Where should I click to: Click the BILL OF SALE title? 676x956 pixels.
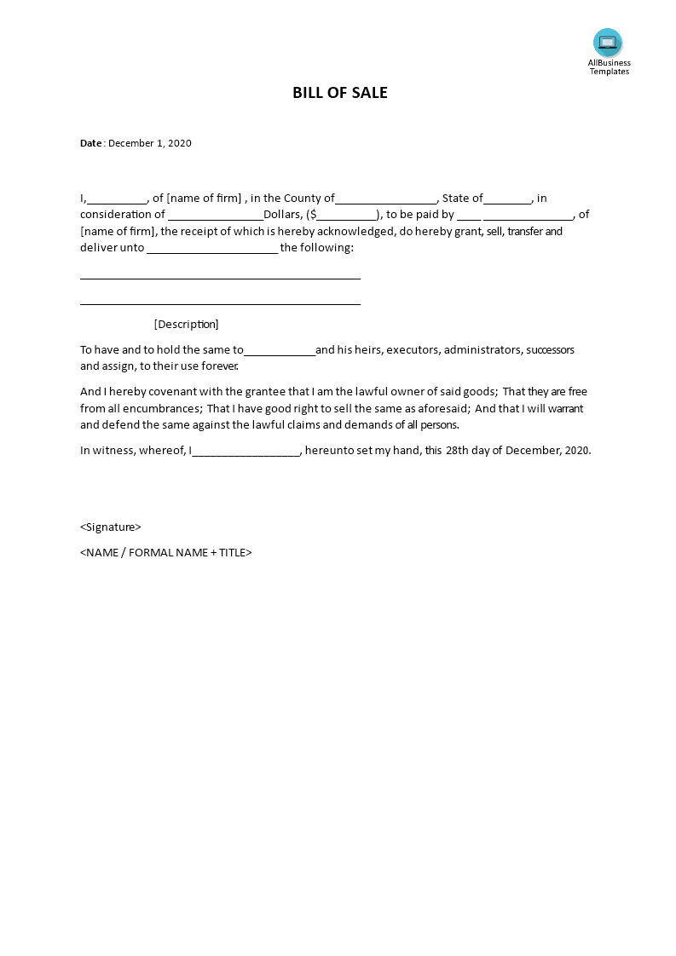pos(339,93)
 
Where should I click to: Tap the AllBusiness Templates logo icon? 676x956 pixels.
pos(608,43)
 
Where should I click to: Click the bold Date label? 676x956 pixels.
pos(90,143)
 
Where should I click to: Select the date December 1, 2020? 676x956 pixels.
pos(150,143)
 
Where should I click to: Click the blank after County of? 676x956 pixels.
pos(385,199)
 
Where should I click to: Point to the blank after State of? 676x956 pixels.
pos(507,199)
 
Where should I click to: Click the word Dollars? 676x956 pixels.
pos(283,215)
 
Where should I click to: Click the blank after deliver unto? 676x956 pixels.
pos(212,248)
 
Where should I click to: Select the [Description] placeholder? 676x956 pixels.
pos(186,324)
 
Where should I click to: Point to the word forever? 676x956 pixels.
pos(218,366)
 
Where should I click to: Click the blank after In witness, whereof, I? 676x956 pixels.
pos(246,451)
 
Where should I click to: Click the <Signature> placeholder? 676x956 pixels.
pos(110,527)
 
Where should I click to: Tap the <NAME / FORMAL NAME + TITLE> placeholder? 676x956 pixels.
pos(165,552)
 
